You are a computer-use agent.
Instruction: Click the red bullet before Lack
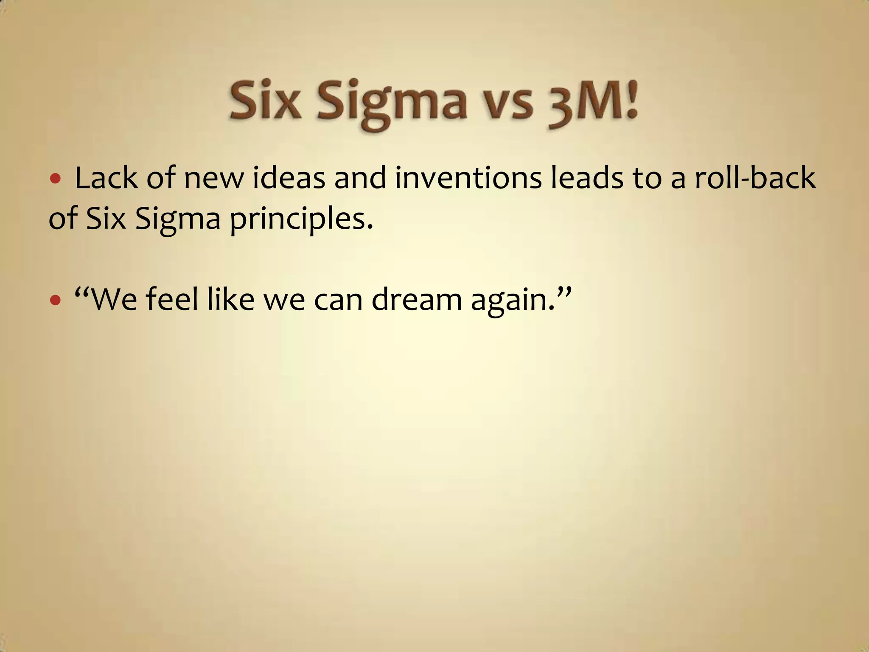click(55, 178)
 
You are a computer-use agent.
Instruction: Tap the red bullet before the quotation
click(55, 301)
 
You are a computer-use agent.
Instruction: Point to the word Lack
click(106, 178)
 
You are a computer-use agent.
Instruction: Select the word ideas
click(289, 178)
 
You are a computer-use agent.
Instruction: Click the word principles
click(301, 220)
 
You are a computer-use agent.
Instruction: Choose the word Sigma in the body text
click(178, 220)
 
